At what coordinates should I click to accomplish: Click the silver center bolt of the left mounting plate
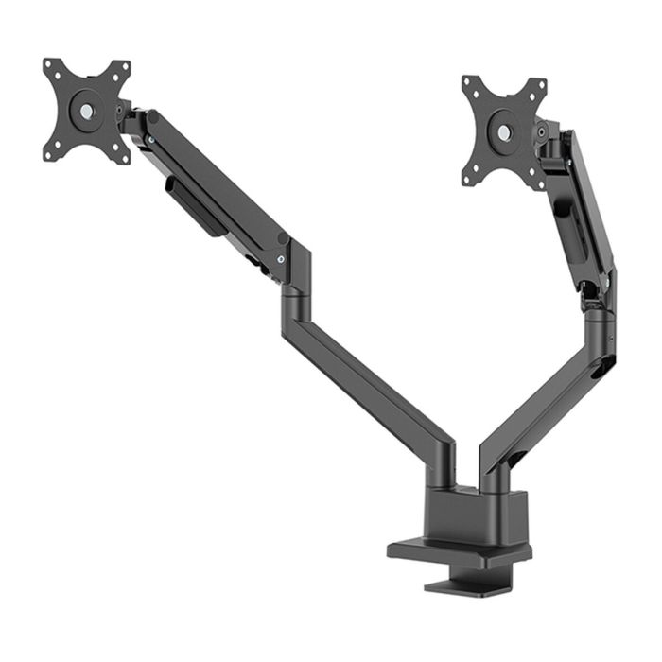tap(86, 110)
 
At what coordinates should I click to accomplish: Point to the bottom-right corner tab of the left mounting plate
tap(121, 157)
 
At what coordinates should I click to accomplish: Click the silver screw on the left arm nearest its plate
tap(149, 140)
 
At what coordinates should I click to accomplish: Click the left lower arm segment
tap(374, 374)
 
